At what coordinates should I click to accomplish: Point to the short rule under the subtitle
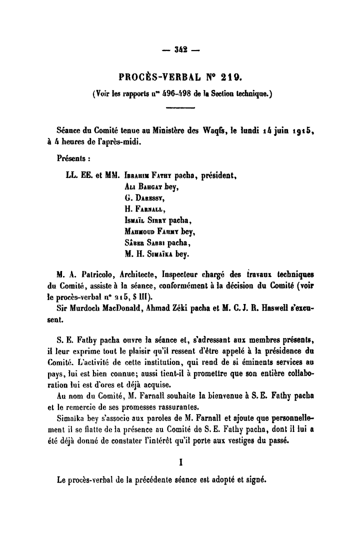pyautogui.click(x=179, y=106)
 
